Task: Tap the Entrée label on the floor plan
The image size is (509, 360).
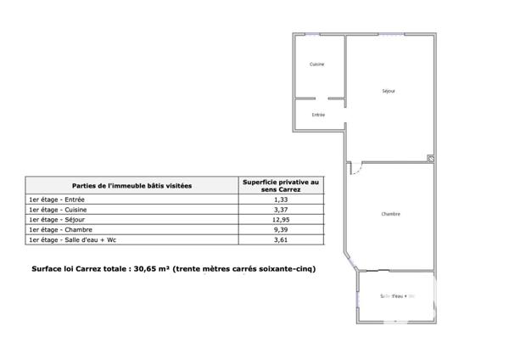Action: point(318,115)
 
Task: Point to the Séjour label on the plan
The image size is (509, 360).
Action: point(389,91)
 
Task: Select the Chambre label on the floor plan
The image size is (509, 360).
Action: point(391,214)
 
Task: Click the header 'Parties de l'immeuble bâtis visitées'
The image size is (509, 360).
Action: point(131,185)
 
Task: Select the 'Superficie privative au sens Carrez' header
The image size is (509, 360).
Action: point(280,185)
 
